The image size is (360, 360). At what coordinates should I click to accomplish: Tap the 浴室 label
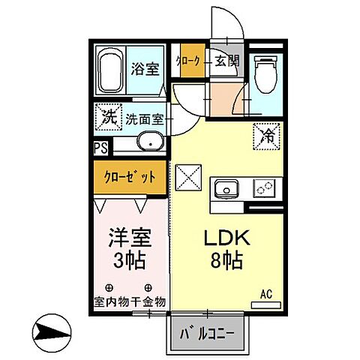pos(145,69)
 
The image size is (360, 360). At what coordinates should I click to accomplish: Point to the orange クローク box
pos(187,61)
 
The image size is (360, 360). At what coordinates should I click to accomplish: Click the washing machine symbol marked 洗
pos(107,118)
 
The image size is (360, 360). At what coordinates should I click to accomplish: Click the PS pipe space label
pos(100,148)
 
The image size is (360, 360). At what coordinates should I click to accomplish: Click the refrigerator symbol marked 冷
pos(266,135)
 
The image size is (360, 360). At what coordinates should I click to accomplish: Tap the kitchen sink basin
pos(226,187)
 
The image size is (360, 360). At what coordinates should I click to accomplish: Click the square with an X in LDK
pos(187,178)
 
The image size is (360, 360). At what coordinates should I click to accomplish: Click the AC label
pos(265,295)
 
